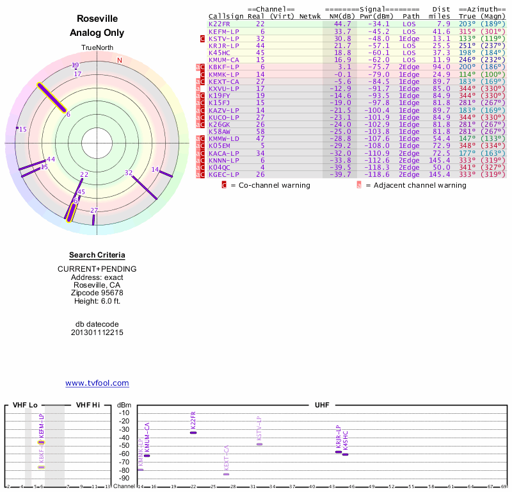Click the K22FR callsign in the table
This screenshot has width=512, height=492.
pos(219,24)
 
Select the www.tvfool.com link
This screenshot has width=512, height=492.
pos(97,383)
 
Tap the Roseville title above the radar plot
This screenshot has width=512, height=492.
pos(97,19)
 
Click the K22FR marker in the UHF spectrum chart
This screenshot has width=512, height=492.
pos(193,432)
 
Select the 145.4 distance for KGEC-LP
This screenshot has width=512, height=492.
pos(439,174)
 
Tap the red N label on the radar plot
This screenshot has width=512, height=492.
pos(119,61)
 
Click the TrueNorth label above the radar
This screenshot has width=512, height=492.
pos(97,48)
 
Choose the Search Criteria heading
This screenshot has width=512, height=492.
pos(97,255)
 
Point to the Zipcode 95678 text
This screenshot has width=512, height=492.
pos(97,293)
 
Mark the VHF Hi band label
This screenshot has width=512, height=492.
pos(89,405)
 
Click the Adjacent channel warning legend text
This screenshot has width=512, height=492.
pos(415,185)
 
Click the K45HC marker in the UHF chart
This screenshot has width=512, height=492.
pos(345,454)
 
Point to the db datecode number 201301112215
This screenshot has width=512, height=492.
pos(97,332)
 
